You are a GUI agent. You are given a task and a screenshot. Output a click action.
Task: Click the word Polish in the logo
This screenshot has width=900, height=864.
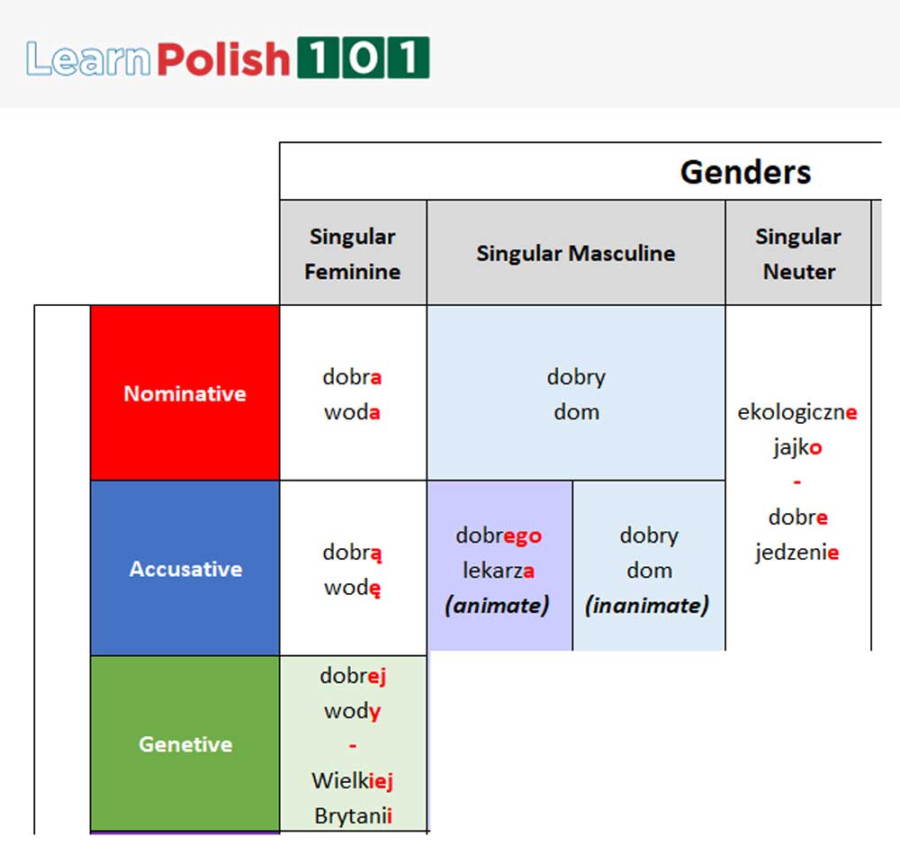(223, 59)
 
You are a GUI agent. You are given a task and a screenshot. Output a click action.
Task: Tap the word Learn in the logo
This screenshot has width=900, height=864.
(88, 59)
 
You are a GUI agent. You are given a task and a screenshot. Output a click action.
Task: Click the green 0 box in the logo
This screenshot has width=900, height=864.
(362, 58)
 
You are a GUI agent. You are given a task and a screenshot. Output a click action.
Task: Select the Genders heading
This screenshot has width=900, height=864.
(745, 172)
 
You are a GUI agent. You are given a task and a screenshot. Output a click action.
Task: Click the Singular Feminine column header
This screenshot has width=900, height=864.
(353, 254)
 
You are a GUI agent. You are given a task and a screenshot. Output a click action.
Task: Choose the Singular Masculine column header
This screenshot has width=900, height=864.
(576, 254)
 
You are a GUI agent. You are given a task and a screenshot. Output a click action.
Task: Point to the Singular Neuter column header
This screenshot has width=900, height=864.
(798, 254)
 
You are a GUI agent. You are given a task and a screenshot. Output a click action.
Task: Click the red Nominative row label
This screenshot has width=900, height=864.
(184, 393)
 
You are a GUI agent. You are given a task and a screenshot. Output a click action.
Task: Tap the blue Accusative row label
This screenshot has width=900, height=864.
(185, 569)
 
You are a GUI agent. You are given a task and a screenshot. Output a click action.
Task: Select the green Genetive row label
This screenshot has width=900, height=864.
(185, 744)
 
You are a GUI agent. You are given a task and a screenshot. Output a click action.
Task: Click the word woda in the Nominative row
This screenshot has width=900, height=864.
(352, 412)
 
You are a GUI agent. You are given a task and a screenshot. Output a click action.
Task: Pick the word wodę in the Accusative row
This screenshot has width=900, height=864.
(352, 588)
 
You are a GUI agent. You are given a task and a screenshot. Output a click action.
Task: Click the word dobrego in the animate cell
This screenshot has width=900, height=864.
(499, 536)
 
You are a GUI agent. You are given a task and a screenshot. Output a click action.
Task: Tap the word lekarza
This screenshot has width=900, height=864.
(499, 571)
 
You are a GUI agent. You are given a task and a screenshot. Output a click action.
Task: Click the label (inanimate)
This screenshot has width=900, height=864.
(647, 606)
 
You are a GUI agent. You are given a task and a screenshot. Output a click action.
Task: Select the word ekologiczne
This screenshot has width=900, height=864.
(797, 413)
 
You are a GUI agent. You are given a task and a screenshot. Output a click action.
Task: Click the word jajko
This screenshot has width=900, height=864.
(797, 448)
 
